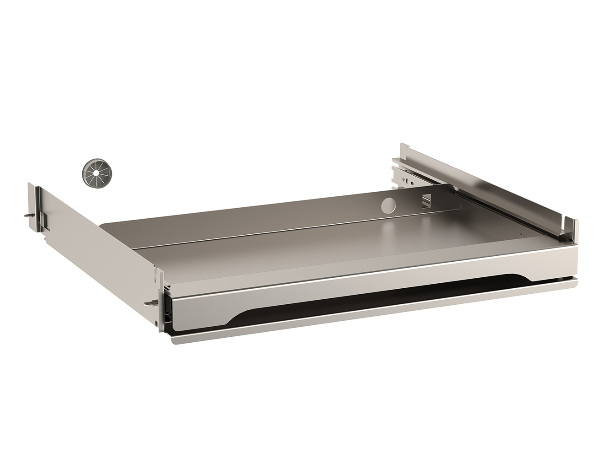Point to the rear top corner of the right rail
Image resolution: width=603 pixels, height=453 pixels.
pyautogui.click(x=402, y=146)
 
